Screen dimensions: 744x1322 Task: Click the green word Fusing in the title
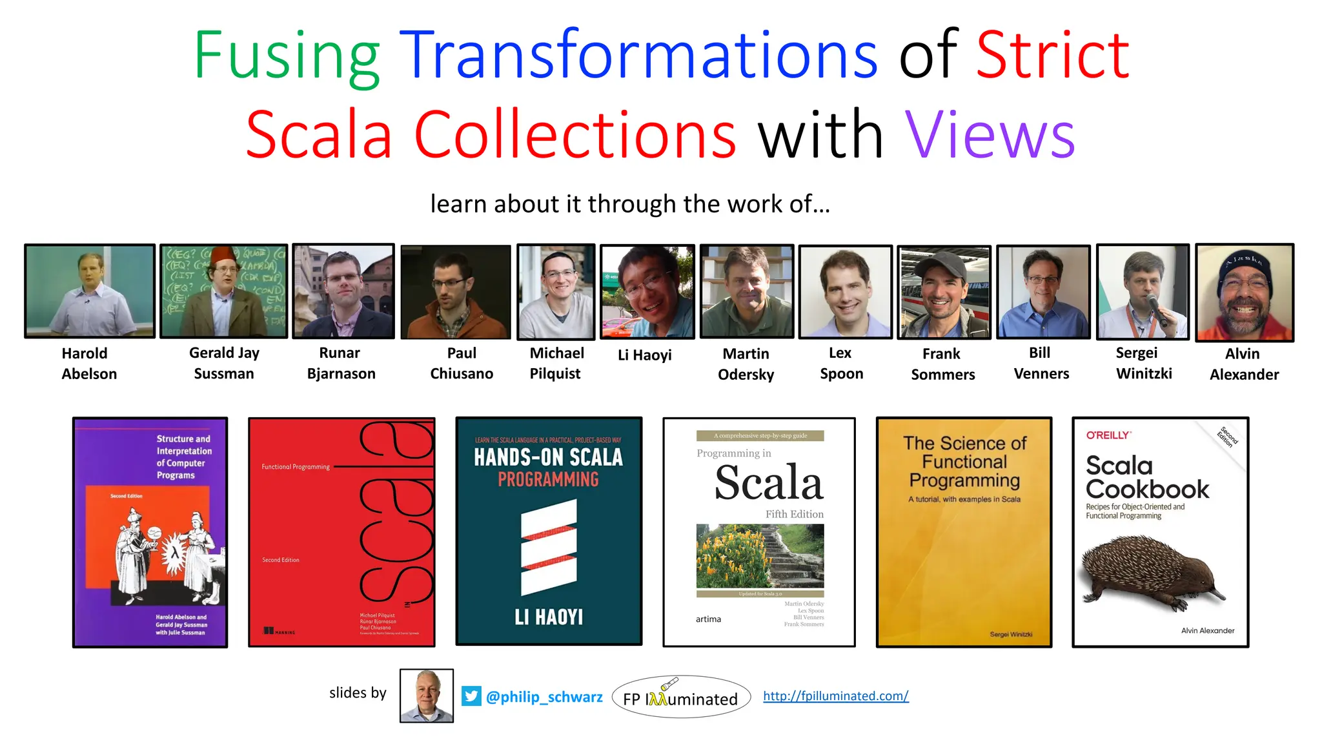[286, 57]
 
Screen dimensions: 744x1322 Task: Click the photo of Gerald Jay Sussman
[223, 291]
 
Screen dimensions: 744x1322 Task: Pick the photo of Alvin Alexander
[1245, 292]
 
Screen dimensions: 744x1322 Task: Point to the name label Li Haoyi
[644, 355]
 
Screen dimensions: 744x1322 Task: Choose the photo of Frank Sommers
[944, 293]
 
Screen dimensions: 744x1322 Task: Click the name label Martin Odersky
[746, 364]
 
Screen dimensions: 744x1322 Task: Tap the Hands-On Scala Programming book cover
[549, 531]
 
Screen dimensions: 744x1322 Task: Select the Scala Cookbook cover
[1160, 532]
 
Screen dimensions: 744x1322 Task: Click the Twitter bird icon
[471, 696]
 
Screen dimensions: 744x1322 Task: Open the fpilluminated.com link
[835, 696]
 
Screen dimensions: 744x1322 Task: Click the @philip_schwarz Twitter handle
[544, 697]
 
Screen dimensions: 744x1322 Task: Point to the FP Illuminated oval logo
[681, 697]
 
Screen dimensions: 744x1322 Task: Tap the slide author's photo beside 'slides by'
[426, 696]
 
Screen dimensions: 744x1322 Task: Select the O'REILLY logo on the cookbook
[1108, 435]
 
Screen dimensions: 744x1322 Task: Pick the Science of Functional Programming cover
[964, 532]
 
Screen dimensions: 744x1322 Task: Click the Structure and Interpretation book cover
[150, 532]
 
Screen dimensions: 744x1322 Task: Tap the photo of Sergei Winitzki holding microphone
[1143, 292]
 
